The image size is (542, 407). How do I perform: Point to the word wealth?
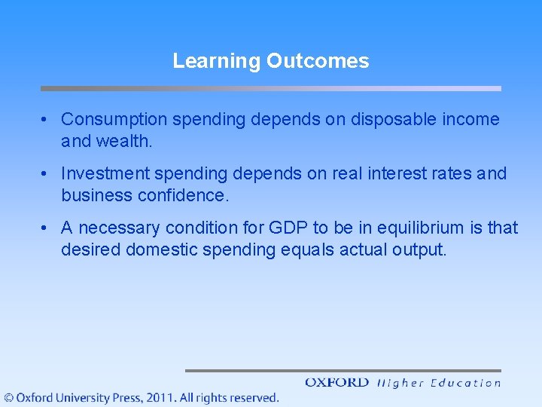[119, 141]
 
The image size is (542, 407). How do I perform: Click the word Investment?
[105, 173]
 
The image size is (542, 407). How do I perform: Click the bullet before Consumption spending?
[47, 120]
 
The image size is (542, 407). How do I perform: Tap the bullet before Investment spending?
[47, 174]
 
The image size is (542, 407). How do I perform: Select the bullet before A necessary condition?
[47, 228]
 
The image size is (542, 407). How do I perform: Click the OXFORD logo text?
[336, 383]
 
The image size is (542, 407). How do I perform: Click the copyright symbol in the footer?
[8, 397]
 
